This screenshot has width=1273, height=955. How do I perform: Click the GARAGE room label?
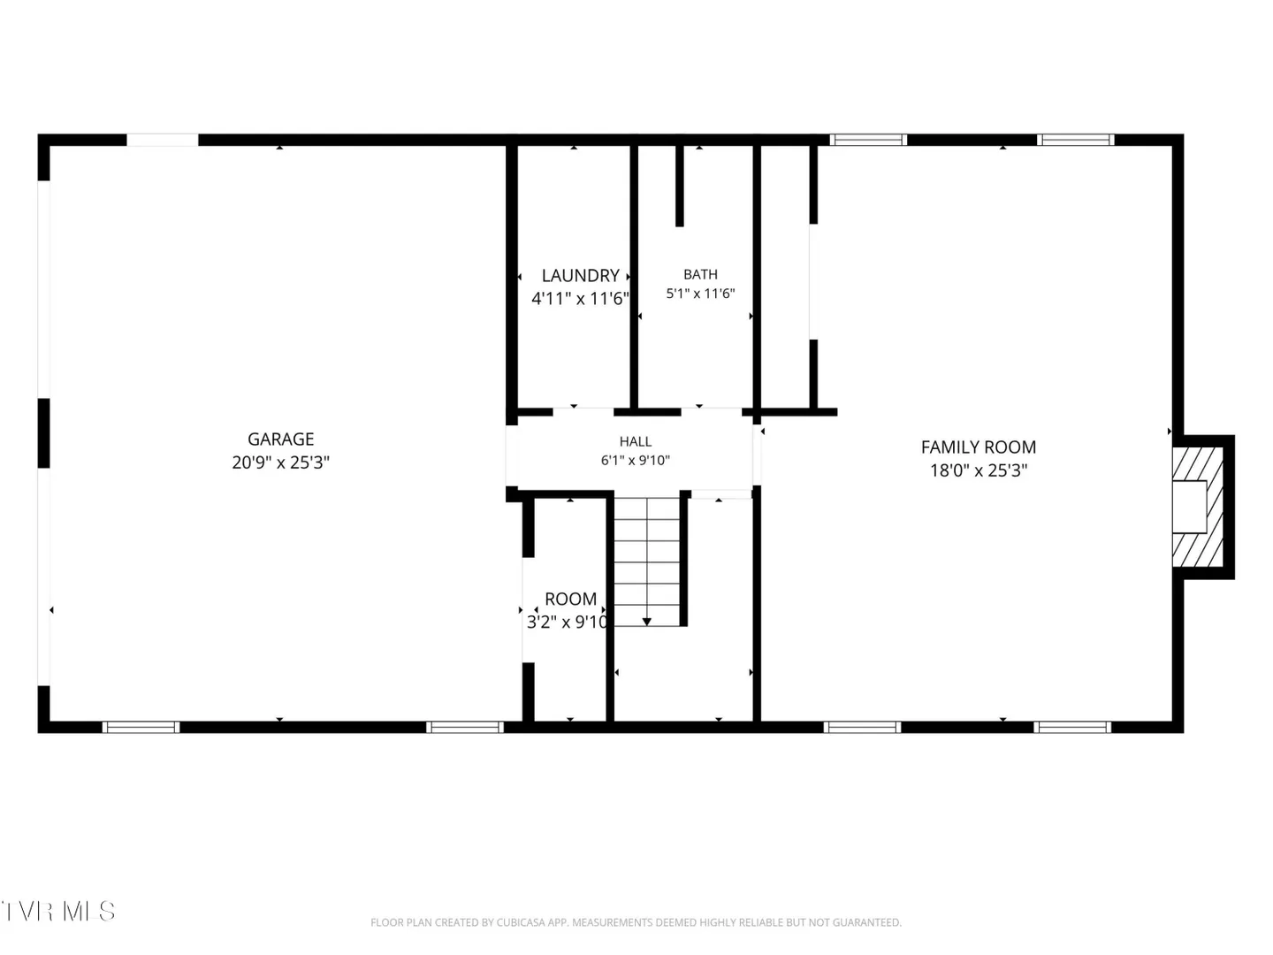tap(281, 439)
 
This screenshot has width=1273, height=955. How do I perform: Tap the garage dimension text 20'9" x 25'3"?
tap(281, 462)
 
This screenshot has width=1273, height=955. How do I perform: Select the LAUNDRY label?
tap(581, 275)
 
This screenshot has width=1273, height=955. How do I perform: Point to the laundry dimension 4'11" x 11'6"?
tap(581, 299)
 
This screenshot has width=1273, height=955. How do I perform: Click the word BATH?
tap(700, 274)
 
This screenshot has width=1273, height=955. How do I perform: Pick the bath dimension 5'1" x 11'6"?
tap(700, 294)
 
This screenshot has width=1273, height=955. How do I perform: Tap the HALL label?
tap(635, 442)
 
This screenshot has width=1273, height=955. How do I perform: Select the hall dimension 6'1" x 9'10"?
tap(635, 461)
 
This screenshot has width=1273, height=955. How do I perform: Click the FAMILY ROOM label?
tap(979, 447)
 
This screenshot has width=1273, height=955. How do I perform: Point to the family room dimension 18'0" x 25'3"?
tap(979, 470)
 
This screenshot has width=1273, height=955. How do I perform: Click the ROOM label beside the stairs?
tap(571, 599)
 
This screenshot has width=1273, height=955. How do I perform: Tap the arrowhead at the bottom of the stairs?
tap(646, 622)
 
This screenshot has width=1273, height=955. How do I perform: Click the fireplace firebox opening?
tap(1189, 507)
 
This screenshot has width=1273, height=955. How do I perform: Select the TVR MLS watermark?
tap(57, 911)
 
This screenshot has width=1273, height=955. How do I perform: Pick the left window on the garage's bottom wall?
tap(141, 727)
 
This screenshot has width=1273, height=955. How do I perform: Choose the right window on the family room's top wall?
tap(1075, 140)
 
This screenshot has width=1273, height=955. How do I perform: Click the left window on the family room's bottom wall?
tap(863, 727)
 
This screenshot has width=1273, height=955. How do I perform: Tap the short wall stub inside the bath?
tap(680, 186)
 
